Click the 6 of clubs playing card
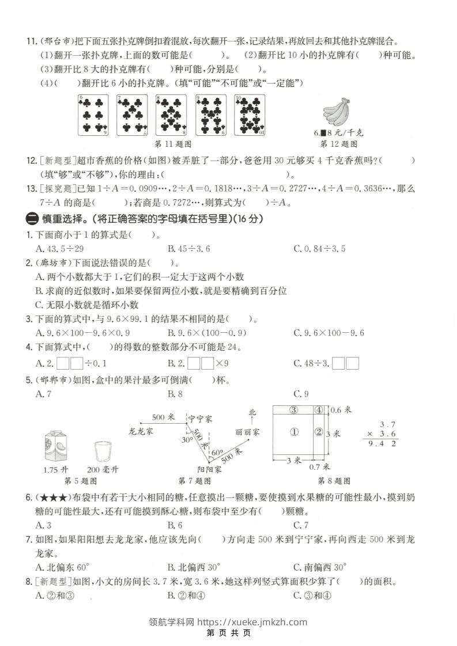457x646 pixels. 93,115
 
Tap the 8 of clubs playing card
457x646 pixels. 171,115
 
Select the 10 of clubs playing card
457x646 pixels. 250,115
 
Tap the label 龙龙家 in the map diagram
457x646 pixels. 140,430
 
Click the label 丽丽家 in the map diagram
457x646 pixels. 248,431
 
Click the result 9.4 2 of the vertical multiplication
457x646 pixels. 382,444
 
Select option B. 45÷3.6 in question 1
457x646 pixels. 188,248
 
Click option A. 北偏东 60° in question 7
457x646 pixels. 60,565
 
